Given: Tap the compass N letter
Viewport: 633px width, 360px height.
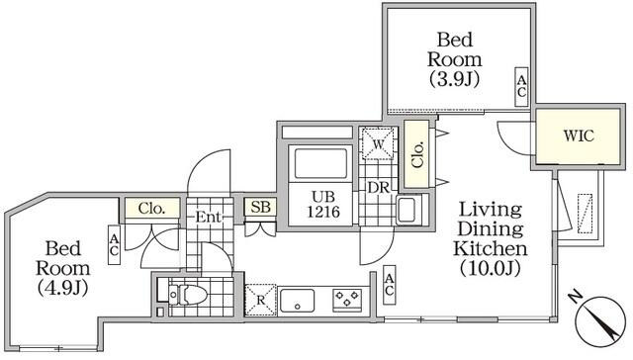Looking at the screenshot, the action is point(575,298).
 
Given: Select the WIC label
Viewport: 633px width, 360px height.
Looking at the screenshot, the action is point(579,136).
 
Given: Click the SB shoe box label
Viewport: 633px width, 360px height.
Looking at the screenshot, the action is point(260,207).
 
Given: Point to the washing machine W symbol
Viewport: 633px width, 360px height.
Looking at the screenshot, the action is point(378,144).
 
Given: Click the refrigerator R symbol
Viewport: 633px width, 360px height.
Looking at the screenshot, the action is point(260,300).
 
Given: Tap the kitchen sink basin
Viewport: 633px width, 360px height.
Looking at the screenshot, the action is point(297,301).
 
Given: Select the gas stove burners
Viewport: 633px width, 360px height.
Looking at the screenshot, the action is point(347,301).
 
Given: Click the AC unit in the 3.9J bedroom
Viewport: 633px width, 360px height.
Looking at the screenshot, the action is point(521,87).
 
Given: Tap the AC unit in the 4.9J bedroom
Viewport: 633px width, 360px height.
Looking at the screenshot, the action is point(115,245).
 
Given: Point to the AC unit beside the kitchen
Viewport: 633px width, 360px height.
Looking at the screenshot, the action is point(389,285).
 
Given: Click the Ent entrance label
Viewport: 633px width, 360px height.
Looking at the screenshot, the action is point(209,218).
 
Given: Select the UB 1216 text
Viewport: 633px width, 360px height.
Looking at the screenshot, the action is point(323,204).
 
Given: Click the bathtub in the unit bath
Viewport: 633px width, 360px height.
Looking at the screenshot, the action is point(320,163).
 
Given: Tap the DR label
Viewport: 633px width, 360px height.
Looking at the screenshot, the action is point(378,188).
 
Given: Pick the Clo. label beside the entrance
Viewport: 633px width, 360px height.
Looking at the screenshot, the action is point(151,209).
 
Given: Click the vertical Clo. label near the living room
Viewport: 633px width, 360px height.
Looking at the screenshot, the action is point(417,154).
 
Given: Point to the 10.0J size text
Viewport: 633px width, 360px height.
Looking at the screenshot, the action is point(491,268).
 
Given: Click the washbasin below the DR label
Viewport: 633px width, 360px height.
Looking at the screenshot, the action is point(409,210).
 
